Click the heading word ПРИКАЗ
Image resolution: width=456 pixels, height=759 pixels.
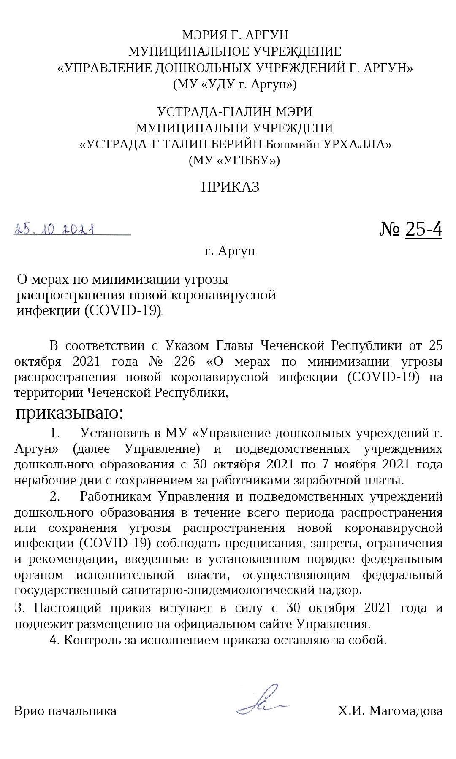[230, 187]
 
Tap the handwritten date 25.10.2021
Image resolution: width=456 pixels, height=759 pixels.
[54, 229]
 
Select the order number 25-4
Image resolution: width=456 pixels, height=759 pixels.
[423, 229]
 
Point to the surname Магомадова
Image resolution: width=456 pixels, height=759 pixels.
[406, 711]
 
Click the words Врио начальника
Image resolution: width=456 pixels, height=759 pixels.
[65, 711]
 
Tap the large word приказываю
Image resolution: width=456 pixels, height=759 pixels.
[70, 414]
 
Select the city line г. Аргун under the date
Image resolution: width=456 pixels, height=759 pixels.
[230, 251]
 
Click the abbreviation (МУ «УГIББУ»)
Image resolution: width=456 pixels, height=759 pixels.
[234, 160]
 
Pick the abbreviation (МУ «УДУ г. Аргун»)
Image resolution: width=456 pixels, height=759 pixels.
[235, 84]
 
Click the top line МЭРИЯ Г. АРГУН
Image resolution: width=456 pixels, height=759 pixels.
[235, 35]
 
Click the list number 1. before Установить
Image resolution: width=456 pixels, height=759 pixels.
[55, 433]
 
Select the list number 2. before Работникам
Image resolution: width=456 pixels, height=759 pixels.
[55, 496]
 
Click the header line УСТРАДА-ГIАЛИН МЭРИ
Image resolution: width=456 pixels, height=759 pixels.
[235, 112]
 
